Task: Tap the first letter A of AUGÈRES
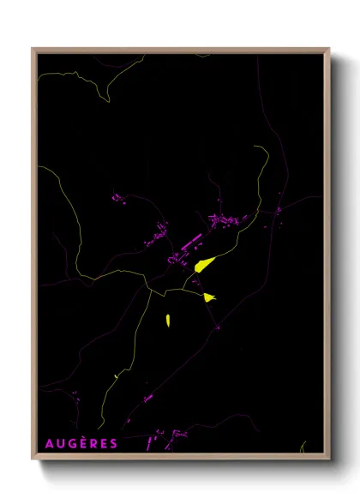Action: (48, 444)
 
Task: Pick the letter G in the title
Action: (70, 444)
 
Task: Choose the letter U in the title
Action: (59, 444)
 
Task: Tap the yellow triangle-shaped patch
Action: (209, 297)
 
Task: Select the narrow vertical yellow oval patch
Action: (167, 321)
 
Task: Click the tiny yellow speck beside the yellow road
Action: (115, 375)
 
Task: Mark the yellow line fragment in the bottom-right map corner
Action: (302, 447)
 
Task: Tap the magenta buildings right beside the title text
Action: (153, 442)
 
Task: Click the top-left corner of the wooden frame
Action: (33, 50)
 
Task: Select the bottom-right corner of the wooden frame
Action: (328, 459)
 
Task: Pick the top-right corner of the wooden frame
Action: (328, 50)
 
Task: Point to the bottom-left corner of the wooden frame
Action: (33, 459)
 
